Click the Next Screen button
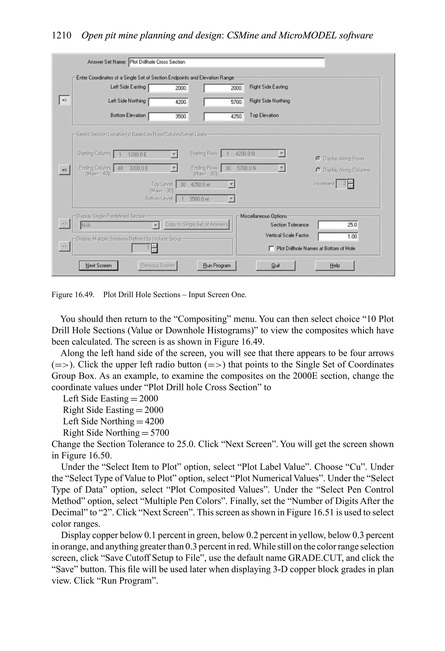point(98,266)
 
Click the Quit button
point(275,266)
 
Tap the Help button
point(334,266)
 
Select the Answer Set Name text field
point(226,62)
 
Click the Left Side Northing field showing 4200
point(168,102)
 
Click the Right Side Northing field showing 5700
point(224,102)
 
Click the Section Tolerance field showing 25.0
point(338,225)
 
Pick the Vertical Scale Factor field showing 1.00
point(338,237)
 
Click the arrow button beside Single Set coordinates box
point(64,100)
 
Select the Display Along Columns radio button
point(318,170)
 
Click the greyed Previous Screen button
point(157,266)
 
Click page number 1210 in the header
point(61,36)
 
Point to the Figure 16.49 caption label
point(73,295)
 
